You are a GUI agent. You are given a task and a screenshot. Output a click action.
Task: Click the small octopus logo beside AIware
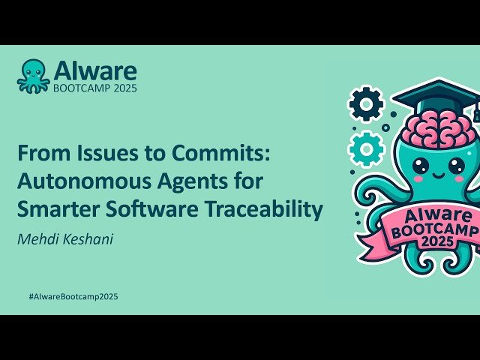tap(34, 75)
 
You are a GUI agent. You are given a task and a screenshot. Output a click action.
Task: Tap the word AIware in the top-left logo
tap(94, 70)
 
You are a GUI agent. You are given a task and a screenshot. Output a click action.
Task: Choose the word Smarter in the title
tap(52, 210)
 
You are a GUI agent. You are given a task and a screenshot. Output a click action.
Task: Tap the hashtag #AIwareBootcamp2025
tap(73, 296)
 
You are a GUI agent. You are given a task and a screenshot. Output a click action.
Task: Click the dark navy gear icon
tap(366, 105)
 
